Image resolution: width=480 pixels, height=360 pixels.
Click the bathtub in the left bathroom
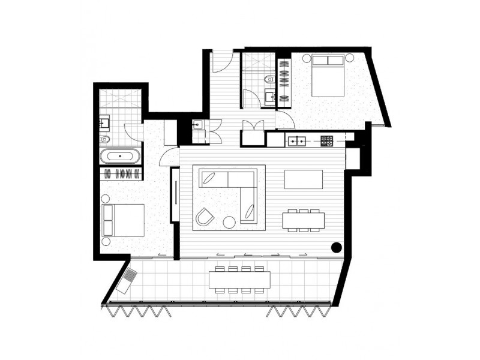[121, 157]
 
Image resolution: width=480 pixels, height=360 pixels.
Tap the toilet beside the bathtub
[104, 139]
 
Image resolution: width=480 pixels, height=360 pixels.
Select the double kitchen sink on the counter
[297, 141]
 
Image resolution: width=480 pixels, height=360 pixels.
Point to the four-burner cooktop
[327, 141]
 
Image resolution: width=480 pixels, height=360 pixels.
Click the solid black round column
[337, 247]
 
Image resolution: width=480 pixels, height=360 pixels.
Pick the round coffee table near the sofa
[229, 222]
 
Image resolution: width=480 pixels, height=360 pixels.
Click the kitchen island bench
[303, 179]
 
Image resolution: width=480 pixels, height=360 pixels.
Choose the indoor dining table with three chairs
[304, 220]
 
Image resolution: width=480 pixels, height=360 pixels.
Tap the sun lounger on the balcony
[127, 280]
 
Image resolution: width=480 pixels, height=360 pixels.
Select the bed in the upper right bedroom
[327, 75]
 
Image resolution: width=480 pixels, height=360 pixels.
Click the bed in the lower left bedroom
[124, 220]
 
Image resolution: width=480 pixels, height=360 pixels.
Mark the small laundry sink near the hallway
[197, 125]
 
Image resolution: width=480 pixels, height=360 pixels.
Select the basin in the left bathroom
[104, 123]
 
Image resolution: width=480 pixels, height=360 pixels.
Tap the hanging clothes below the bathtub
[121, 174]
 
